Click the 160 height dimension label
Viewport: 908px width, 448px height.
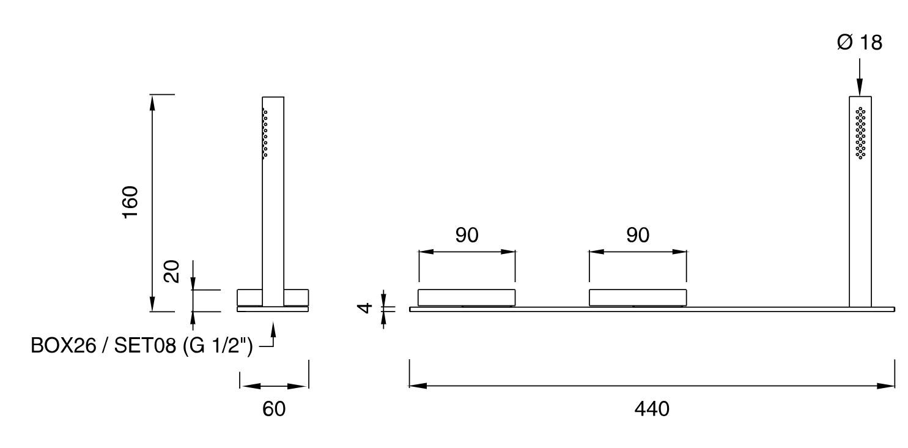pyautogui.click(x=130, y=202)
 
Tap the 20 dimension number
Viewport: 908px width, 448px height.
pyautogui.click(x=171, y=271)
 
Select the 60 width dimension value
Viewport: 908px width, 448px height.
pyautogui.click(x=274, y=409)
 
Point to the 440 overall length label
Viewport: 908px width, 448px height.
pyautogui.click(x=652, y=409)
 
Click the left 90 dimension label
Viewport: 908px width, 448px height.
pyautogui.click(x=467, y=235)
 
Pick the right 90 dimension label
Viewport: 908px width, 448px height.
pyautogui.click(x=638, y=235)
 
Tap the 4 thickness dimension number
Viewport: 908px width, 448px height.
pyautogui.click(x=365, y=308)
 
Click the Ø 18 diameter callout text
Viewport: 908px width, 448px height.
pyautogui.click(x=859, y=43)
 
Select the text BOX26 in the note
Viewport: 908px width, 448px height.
pyautogui.click(x=64, y=346)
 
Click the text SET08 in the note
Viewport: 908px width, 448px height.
pyautogui.click(x=145, y=346)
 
